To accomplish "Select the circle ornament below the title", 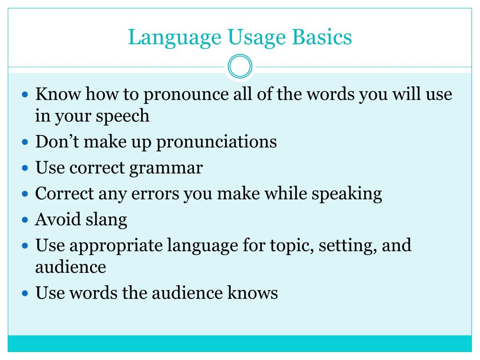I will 240,67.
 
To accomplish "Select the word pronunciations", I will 217,142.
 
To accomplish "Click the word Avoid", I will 55,219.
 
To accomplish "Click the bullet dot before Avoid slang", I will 26,219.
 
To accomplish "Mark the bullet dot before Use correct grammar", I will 26,168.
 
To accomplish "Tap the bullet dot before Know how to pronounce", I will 26,95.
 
